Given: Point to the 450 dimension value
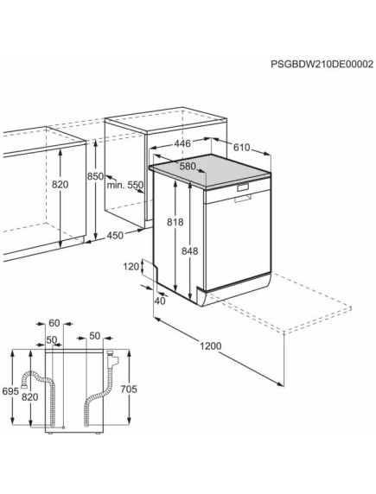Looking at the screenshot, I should tap(114, 235).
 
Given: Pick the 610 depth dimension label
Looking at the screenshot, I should tap(243, 148).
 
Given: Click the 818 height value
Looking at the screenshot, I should tap(176, 221).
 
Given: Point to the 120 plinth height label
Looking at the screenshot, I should tap(131, 267).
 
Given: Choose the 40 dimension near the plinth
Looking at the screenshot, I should tap(159, 301).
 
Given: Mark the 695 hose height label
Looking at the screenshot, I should tap(10, 391).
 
